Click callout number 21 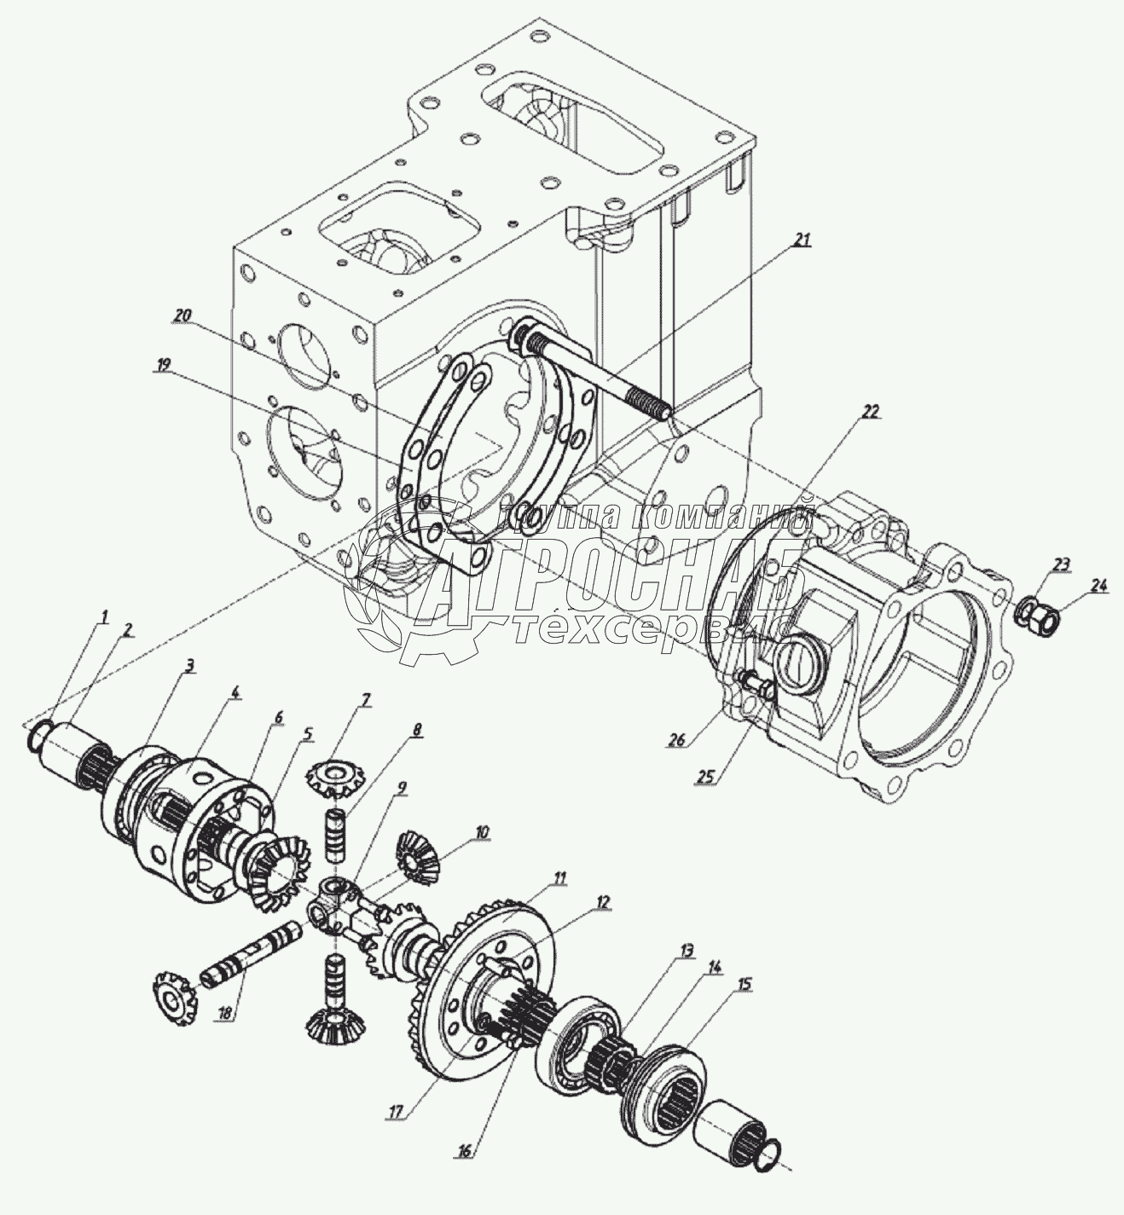pyautogui.click(x=799, y=240)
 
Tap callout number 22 pyautogui.click(x=869, y=411)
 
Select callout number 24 pyautogui.click(x=1098, y=585)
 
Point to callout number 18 pyautogui.click(x=224, y=1013)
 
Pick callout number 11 pyautogui.click(x=559, y=877)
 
